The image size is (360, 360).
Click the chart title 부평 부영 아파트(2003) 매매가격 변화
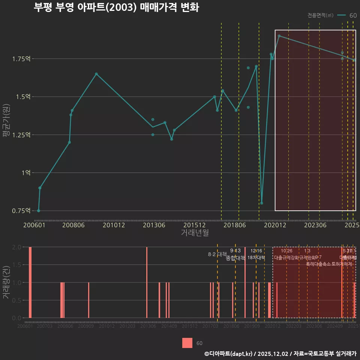[x=116, y=7]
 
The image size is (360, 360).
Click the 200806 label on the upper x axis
[x=73, y=225]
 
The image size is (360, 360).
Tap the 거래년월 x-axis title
[x=195, y=233]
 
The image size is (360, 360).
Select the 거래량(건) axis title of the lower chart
[x=6, y=282]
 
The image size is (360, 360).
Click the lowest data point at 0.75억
[x=39, y=211]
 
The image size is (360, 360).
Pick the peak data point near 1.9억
[x=279, y=36]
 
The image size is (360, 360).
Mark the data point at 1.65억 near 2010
[x=96, y=74]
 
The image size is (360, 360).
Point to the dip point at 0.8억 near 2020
[x=262, y=203]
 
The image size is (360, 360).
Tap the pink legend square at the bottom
[x=187, y=343]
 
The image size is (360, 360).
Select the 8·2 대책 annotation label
[x=217, y=254]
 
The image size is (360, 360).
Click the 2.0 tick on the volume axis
[x=16, y=247]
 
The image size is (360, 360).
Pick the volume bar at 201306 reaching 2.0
[x=147, y=282]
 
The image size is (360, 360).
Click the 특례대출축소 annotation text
[x=318, y=264]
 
